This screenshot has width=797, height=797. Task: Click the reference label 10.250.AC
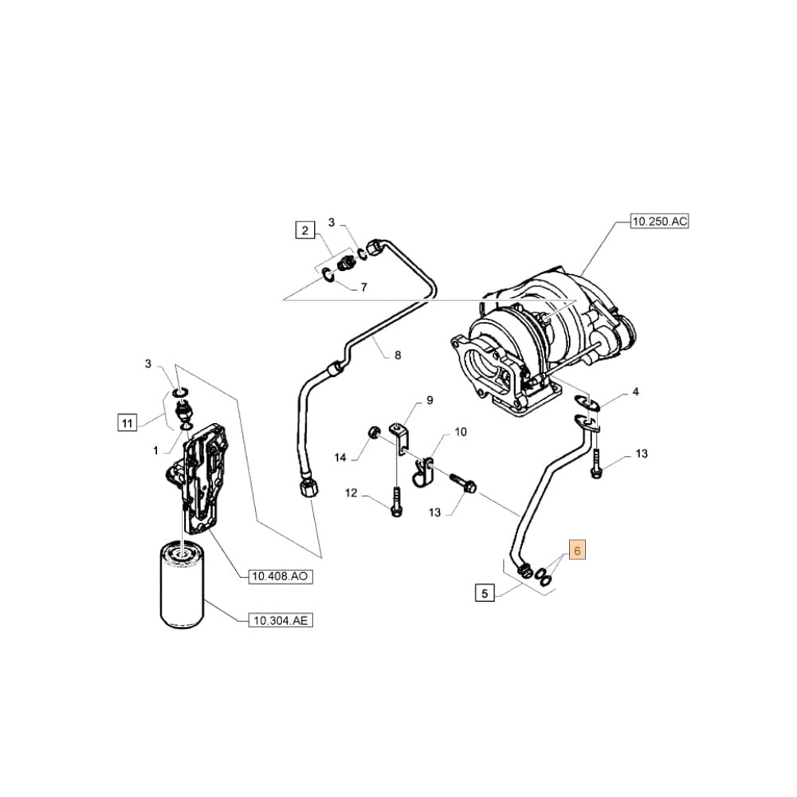click(x=658, y=222)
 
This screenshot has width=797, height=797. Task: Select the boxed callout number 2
click(x=304, y=231)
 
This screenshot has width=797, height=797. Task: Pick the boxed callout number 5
click(x=484, y=593)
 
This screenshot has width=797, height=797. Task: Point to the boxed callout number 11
click(x=125, y=422)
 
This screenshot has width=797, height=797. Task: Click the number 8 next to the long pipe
click(x=397, y=355)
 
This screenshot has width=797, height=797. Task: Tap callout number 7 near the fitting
click(x=363, y=287)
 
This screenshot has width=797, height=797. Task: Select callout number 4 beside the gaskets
click(x=635, y=391)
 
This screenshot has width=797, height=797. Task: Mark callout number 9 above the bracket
click(x=429, y=400)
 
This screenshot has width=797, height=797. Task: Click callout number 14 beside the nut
click(x=340, y=457)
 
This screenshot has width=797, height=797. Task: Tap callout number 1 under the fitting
click(x=156, y=451)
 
